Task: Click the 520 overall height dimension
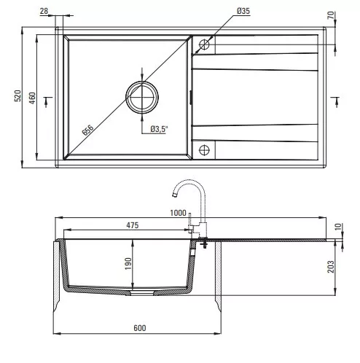pyautogui.click(x=17, y=95)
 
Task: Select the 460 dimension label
pyautogui.click(x=32, y=98)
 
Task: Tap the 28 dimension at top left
pyautogui.click(x=44, y=11)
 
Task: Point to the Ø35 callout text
pyautogui.click(x=243, y=11)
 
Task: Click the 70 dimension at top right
pyautogui.click(x=331, y=15)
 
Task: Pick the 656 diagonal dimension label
pyautogui.click(x=87, y=130)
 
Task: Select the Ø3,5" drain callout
pyautogui.click(x=159, y=129)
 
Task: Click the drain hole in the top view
pyautogui.click(x=142, y=97)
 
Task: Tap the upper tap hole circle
pyautogui.click(x=204, y=44)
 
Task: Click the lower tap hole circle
pyautogui.click(x=204, y=150)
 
